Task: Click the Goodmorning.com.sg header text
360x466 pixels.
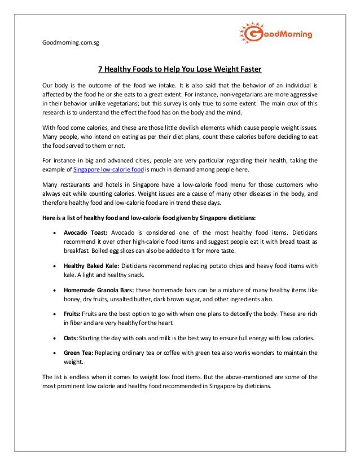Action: (72, 43)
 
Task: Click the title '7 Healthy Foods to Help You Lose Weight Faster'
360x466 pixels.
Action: (180, 70)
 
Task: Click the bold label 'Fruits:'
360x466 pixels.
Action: (72, 314)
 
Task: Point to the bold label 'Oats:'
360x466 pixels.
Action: (71, 338)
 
